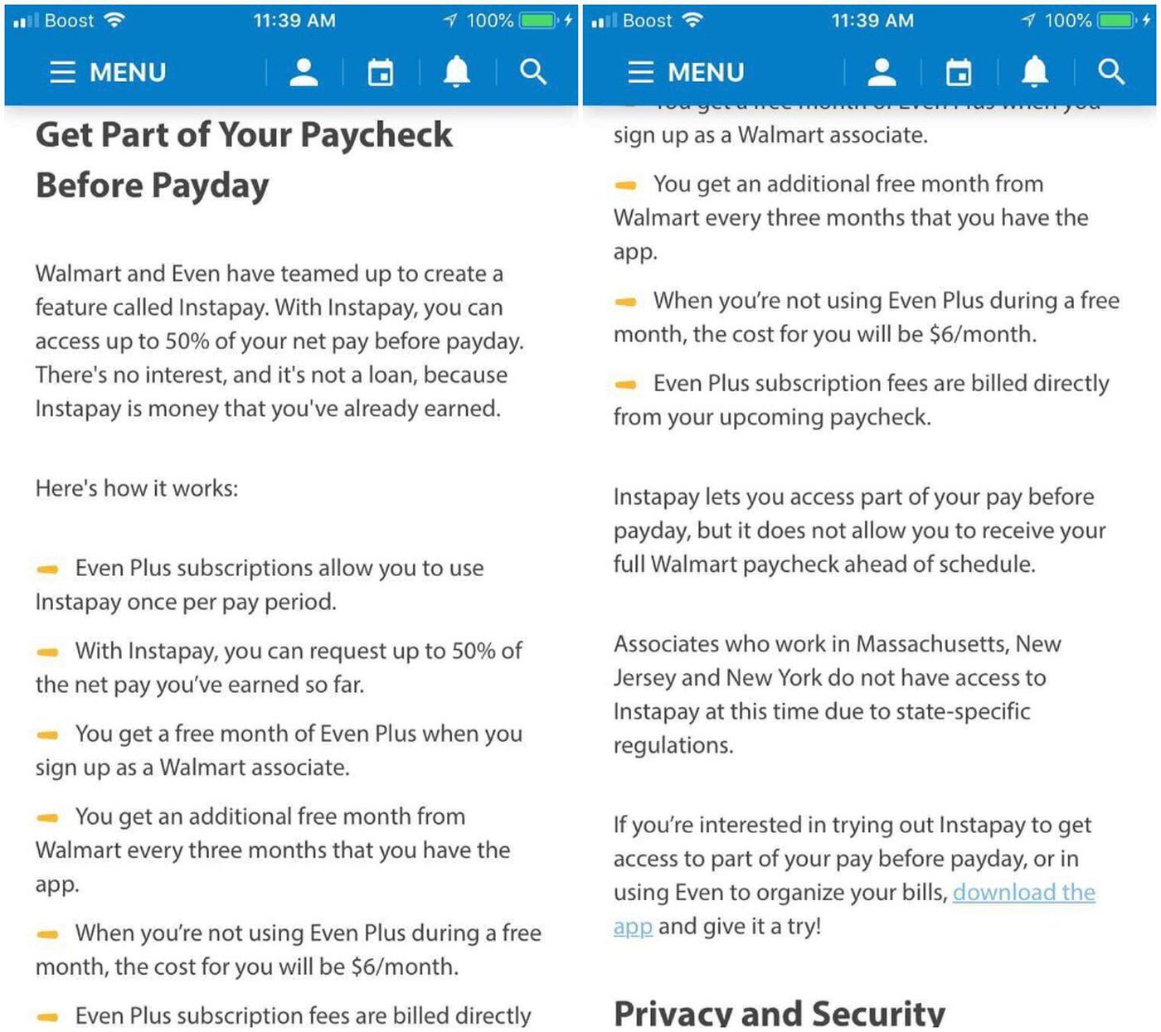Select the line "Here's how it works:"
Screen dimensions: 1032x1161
[137, 488]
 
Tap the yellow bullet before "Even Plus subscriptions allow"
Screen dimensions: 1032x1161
[48, 569]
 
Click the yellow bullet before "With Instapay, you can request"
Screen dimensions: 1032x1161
[48, 652]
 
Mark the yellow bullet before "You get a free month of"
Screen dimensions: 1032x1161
[48, 734]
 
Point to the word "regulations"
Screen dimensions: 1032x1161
[673, 745]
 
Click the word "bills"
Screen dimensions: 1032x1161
[921, 893]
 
